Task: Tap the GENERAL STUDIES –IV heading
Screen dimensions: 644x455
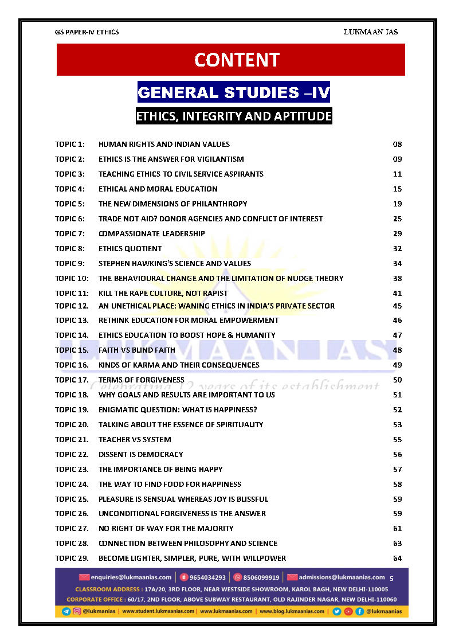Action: point(234,92)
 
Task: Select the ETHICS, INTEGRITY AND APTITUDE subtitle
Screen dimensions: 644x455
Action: point(234,116)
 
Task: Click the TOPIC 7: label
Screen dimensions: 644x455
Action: point(70,233)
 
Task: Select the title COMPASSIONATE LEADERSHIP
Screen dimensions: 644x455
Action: point(152,233)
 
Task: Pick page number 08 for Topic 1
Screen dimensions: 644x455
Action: point(397,144)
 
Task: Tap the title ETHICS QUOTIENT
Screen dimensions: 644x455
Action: point(130,248)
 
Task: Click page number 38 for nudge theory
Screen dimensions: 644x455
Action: point(397,278)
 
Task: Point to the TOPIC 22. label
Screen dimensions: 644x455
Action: point(72,454)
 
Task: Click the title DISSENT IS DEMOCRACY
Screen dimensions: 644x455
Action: point(141,454)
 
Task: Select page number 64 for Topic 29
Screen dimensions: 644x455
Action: point(397,558)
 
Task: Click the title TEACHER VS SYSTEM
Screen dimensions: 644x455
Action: point(135,439)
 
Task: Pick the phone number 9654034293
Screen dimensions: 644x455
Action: point(207,577)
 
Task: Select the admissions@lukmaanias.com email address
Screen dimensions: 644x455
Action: point(342,577)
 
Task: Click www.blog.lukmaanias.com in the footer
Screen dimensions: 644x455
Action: point(292,611)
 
